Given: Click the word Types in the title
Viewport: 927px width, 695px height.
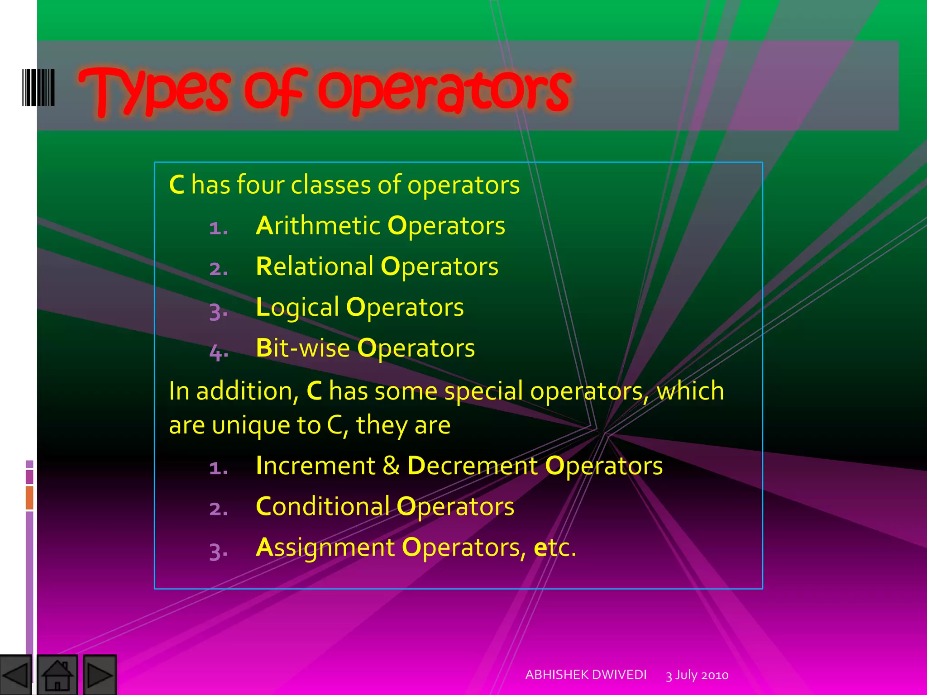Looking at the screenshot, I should coord(154,90).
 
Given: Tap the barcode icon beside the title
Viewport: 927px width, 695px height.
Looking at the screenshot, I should coord(38,87).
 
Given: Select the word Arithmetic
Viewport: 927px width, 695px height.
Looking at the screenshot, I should coord(318,226).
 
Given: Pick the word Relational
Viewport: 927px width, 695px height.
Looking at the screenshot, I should coord(315,267).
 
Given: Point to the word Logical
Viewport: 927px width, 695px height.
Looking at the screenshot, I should coord(297,308).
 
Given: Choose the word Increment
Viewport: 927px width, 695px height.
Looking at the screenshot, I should coord(315,466).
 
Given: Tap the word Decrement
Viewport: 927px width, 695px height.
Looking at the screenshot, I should coord(473,466).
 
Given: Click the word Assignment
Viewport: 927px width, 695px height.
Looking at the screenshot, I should coord(325,547).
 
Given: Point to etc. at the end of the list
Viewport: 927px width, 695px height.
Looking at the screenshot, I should coord(554,547).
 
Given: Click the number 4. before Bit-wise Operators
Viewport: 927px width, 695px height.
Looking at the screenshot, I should coord(219,352).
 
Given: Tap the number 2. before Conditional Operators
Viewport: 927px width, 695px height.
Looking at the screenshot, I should coord(219,509).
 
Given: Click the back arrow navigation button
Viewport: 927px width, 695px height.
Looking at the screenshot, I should coord(15,675).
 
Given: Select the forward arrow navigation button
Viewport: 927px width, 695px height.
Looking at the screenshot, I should coord(100,675).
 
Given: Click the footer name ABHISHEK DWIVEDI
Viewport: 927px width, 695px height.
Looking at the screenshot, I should coord(586,675).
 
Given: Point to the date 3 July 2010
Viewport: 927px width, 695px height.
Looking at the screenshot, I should coord(697,675).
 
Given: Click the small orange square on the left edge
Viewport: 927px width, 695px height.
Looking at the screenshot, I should coord(29,497).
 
